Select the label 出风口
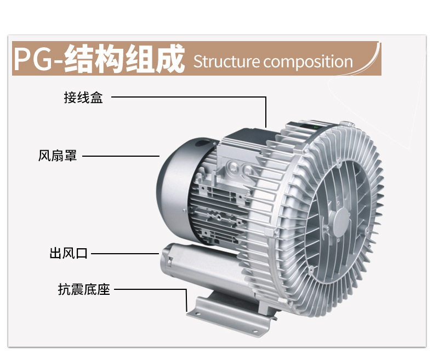click(x=69, y=254)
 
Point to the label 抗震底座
click(x=84, y=289)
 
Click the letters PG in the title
click(x=33, y=59)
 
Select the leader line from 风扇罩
click(x=121, y=156)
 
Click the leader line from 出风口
click(x=126, y=254)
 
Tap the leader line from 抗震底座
click(x=148, y=289)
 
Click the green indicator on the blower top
click(x=316, y=125)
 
